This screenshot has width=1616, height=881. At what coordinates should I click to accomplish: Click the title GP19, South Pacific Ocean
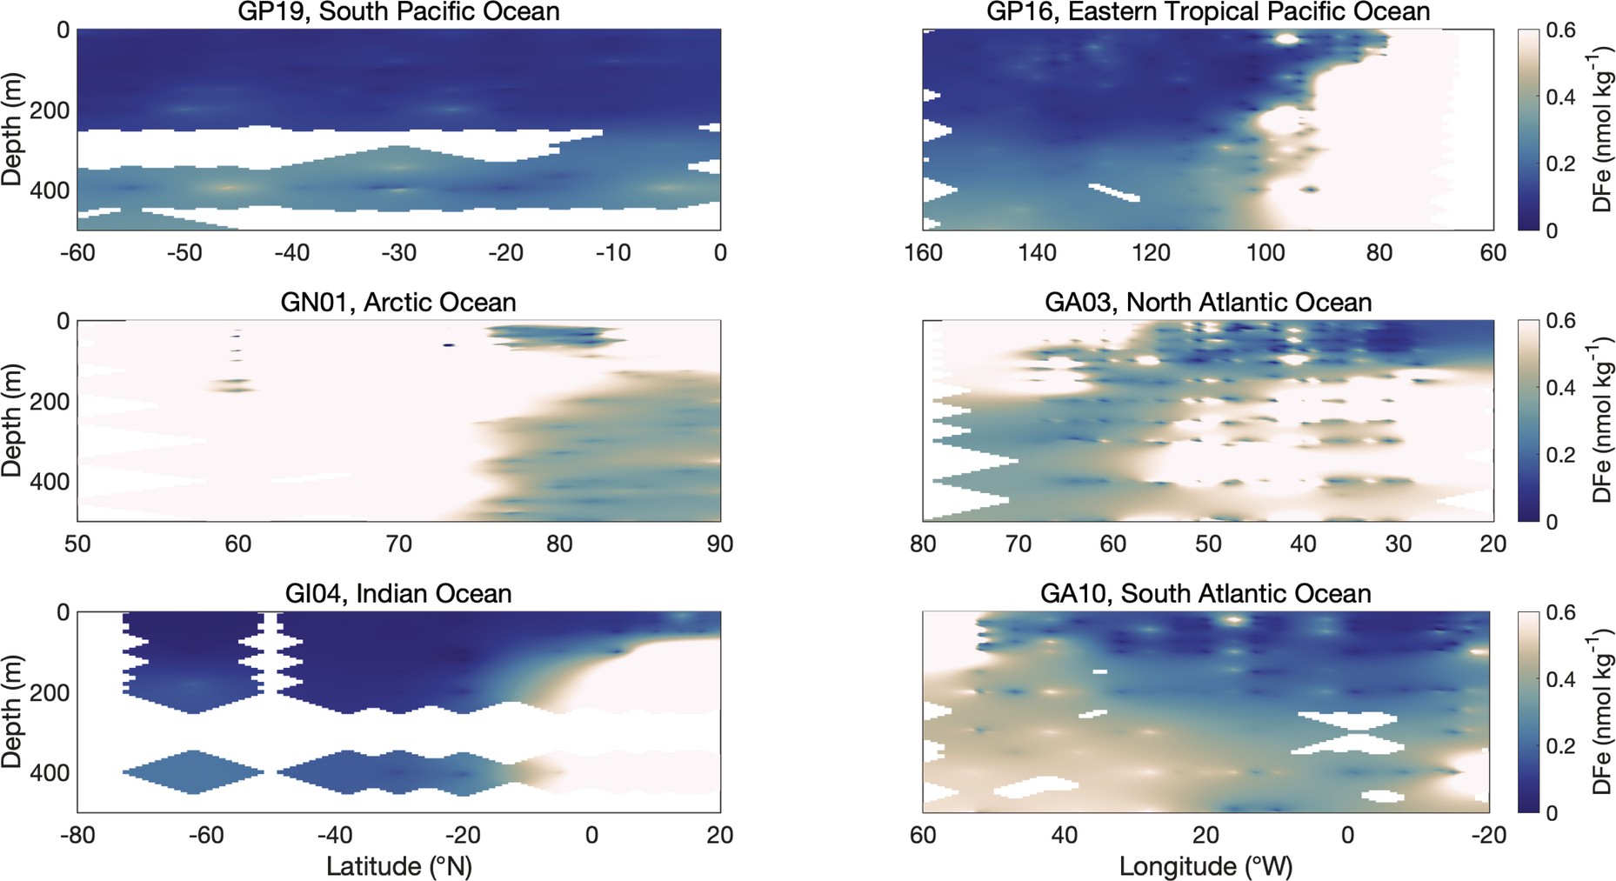(x=398, y=12)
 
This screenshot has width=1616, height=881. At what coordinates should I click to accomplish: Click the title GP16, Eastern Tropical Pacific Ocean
(x=1208, y=12)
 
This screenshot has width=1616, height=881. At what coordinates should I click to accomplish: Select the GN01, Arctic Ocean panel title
(x=398, y=303)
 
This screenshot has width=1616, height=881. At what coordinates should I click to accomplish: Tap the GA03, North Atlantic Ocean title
(x=1208, y=303)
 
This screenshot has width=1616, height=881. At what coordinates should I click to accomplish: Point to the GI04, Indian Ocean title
(x=398, y=594)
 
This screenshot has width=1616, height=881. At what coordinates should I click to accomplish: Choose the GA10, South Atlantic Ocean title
(x=1205, y=594)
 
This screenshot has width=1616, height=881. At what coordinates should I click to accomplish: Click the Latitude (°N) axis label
(x=398, y=866)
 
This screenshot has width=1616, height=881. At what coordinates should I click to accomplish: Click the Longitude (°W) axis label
(x=1205, y=866)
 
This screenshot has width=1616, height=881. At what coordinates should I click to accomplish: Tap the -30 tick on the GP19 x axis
(x=398, y=253)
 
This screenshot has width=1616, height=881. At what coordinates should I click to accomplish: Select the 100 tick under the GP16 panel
(x=1265, y=253)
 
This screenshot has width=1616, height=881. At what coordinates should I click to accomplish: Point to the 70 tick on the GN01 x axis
(x=398, y=544)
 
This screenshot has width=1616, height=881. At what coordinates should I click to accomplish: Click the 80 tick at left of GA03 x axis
(x=923, y=544)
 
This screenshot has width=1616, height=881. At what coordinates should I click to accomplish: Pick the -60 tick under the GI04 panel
(x=205, y=836)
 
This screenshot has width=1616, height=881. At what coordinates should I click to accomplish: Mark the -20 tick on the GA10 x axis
(x=1488, y=836)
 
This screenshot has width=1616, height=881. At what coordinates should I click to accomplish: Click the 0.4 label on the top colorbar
(x=1560, y=97)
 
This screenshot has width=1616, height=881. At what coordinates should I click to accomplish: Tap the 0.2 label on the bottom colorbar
(x=1560, y=746)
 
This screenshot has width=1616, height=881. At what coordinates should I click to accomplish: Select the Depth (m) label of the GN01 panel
(x=12, y=420)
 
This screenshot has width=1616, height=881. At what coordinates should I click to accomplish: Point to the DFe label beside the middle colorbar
(x=1602, y=420)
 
